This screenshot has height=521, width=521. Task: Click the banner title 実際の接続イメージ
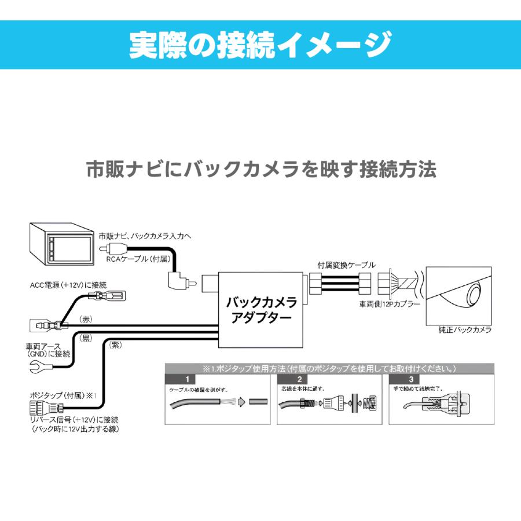click(260, 45)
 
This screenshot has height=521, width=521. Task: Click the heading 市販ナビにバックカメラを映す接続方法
click(260, 170)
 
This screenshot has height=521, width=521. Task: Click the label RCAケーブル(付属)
click(137, 260)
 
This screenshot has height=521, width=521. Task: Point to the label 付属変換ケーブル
click(346, 265)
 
